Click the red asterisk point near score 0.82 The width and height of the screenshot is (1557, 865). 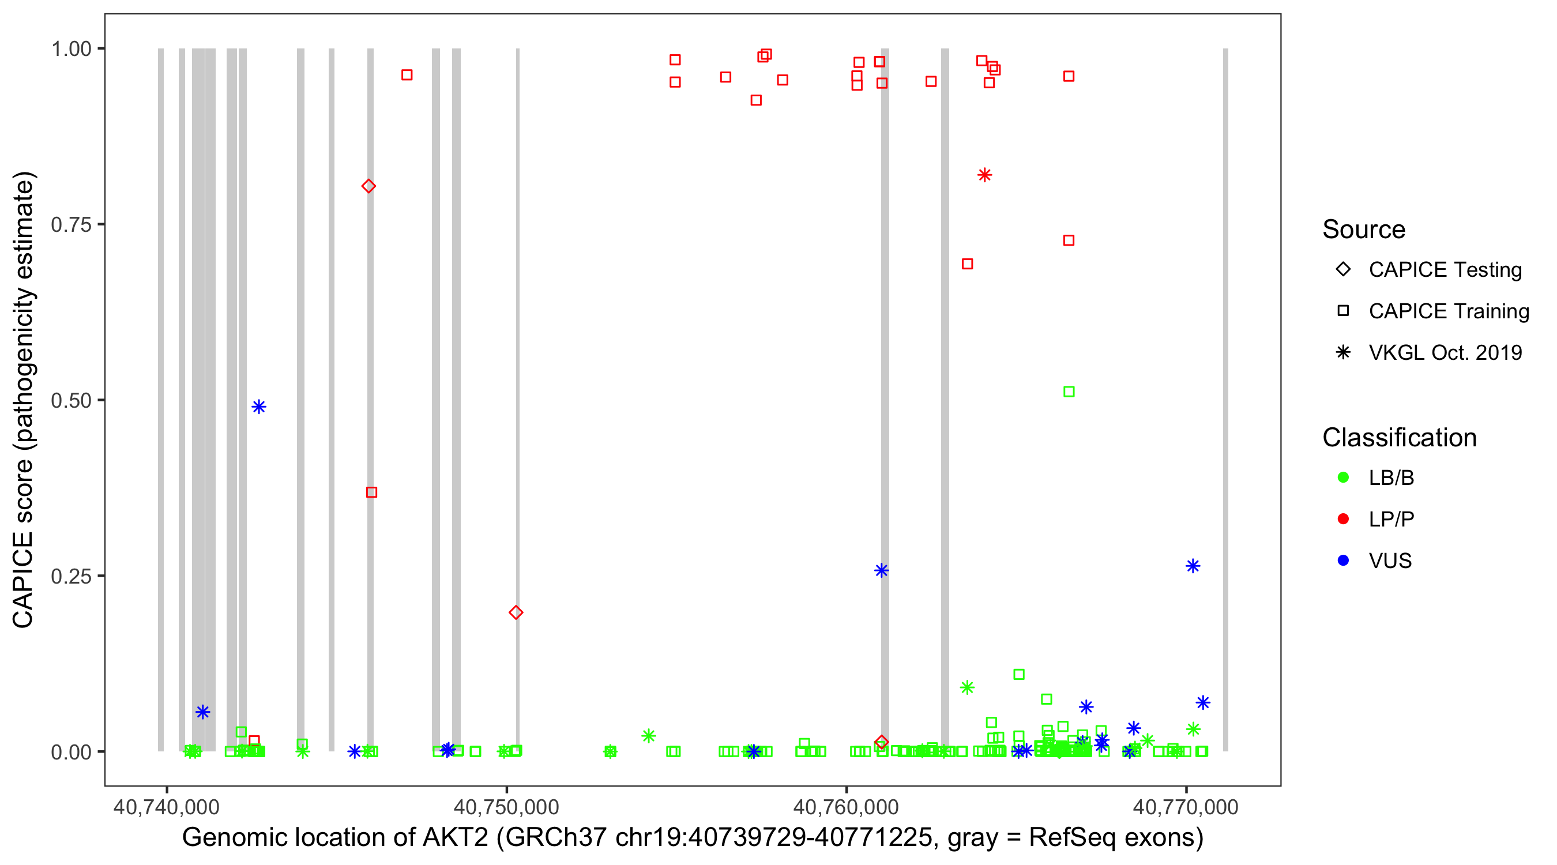point(984,175)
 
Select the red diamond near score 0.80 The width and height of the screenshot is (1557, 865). point(368,186)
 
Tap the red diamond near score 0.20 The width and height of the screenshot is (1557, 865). point(516,612)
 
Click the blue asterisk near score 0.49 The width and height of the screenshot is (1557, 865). point(259,407)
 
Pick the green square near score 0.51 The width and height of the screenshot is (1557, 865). point(1069,392)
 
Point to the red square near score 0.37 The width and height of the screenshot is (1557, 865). point(372,492)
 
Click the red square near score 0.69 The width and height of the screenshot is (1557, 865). point(967,264)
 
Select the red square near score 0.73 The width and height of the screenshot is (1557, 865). point(1069,240)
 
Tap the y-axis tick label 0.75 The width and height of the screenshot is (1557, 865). point(71,225)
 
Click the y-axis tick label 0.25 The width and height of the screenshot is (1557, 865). point(71,576)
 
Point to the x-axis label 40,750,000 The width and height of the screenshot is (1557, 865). point(506,807)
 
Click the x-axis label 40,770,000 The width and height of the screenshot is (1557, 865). point(1185,807)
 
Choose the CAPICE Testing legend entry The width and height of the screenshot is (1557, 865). point(1445,270)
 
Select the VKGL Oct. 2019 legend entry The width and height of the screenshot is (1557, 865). point(1445,352)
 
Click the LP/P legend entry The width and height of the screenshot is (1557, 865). point(1391,519)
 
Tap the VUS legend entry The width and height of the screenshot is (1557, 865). point(1390,561)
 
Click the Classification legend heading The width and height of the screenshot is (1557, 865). point(1399,438)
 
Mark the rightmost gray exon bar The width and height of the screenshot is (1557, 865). point(1226,399)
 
